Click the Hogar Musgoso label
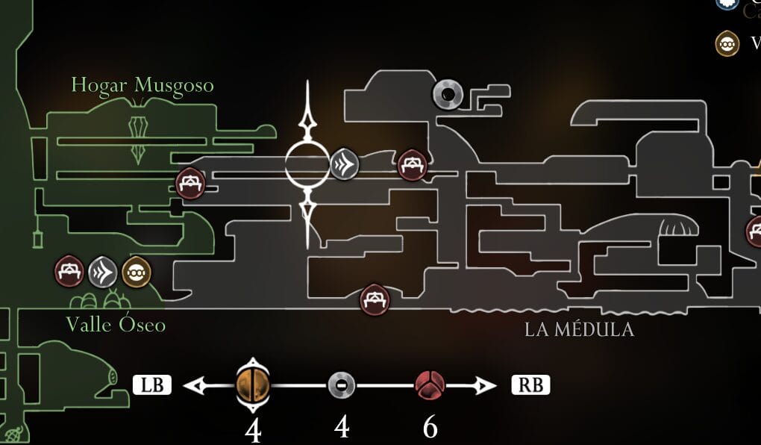[x=143, y=86]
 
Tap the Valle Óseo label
[x=116, y=325]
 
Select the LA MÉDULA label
[x=579, y=329]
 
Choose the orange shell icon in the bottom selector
[x=251, y=385]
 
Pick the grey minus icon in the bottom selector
[x=342, y=385]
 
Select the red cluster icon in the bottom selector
[x=430, y=385]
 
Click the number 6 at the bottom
[x=430, y=428]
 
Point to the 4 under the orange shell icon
[x=253, y=430]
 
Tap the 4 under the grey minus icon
[x=342, y=428]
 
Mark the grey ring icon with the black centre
[x=448, y=94]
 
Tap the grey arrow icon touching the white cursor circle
[x=345, y=164]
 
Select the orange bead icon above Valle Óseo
[x=136, y=273]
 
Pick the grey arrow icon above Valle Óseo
[x=103, y=273]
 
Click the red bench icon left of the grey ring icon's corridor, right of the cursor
[x=412, y=165]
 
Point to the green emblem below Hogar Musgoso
[x=138, y=139]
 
